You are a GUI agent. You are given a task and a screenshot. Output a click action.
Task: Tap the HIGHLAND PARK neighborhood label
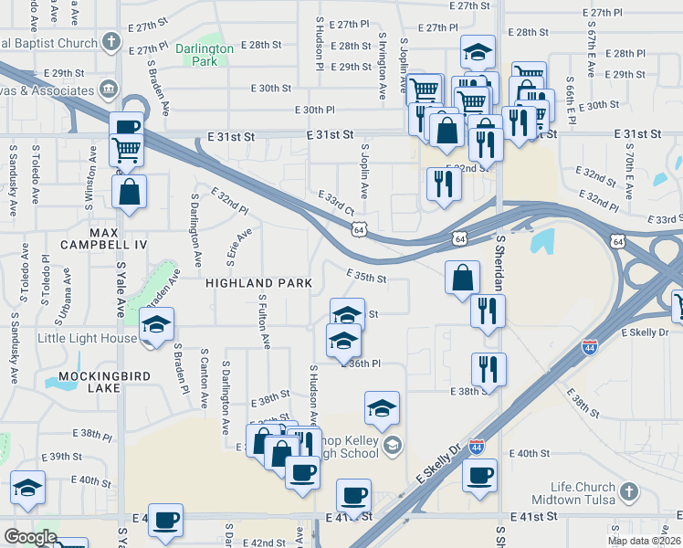click(x=259, y=283)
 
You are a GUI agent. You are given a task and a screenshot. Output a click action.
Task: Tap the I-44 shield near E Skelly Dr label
click(x=477, y=446)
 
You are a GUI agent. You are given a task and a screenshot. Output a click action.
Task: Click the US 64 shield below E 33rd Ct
click(x=361, y=230)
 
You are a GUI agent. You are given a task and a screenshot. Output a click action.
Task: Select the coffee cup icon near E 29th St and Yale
click(x=127, y=127)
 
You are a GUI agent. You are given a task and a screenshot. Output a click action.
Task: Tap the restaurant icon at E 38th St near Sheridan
click(x=489, y=369)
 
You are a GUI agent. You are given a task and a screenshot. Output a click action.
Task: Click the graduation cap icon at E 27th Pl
click(x=477, y=52)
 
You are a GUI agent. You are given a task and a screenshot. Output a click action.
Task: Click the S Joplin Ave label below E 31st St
click(x=363, y=171)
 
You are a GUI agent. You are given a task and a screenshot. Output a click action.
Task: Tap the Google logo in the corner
click(x=30, y=537)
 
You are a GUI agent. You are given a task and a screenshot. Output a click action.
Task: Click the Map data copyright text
click(x=645, y=541)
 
